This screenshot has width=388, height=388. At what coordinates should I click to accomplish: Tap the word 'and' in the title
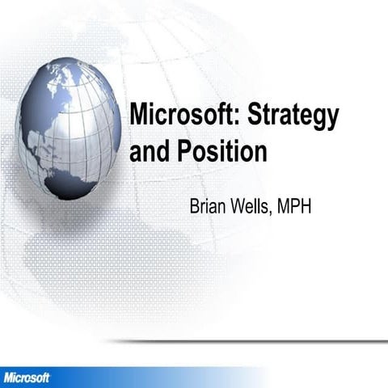coord(148,151)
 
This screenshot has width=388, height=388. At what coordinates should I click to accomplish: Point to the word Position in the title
coord(217,151)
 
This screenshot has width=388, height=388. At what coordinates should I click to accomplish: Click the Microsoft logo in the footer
coord(27,377)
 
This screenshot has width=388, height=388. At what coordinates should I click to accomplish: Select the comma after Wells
coord(273,210)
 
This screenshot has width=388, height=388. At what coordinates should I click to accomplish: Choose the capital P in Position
coord(177,151)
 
